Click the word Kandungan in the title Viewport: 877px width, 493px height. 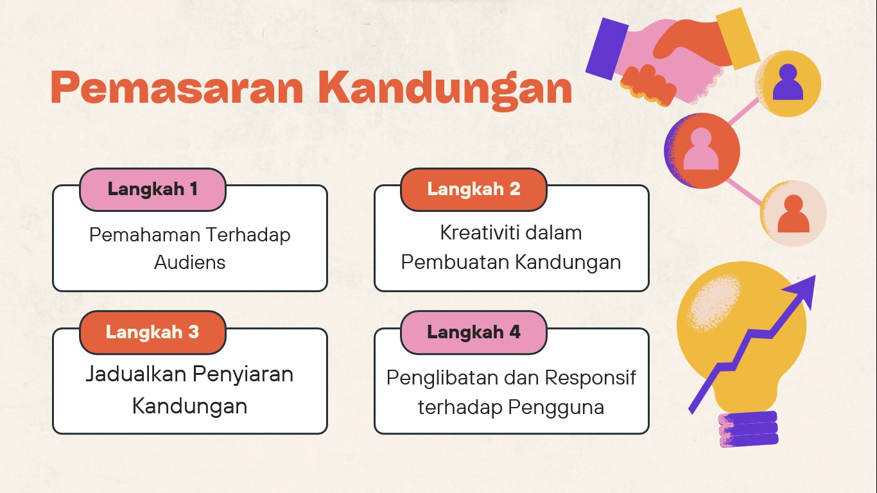(446, 90)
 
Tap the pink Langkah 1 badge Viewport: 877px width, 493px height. (153, 189)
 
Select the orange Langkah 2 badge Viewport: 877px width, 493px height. (474, 189)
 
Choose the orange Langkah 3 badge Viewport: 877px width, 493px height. (153, 333)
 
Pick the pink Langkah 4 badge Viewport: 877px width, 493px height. (474, 333)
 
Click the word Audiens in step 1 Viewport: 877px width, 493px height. (190, 263)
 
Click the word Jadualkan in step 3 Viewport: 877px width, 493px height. (136, 374)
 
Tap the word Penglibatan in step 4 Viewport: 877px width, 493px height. (442, 379)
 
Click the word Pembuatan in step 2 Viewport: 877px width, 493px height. (455, 262)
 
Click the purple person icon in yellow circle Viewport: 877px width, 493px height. (788, 82)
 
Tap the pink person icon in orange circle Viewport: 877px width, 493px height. (701, 149)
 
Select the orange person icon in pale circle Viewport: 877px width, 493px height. (793, 214)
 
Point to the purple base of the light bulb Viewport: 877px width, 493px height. (749, 429)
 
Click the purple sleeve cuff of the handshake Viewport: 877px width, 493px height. (607, 49)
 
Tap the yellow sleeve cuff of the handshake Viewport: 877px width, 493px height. (738, 39)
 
